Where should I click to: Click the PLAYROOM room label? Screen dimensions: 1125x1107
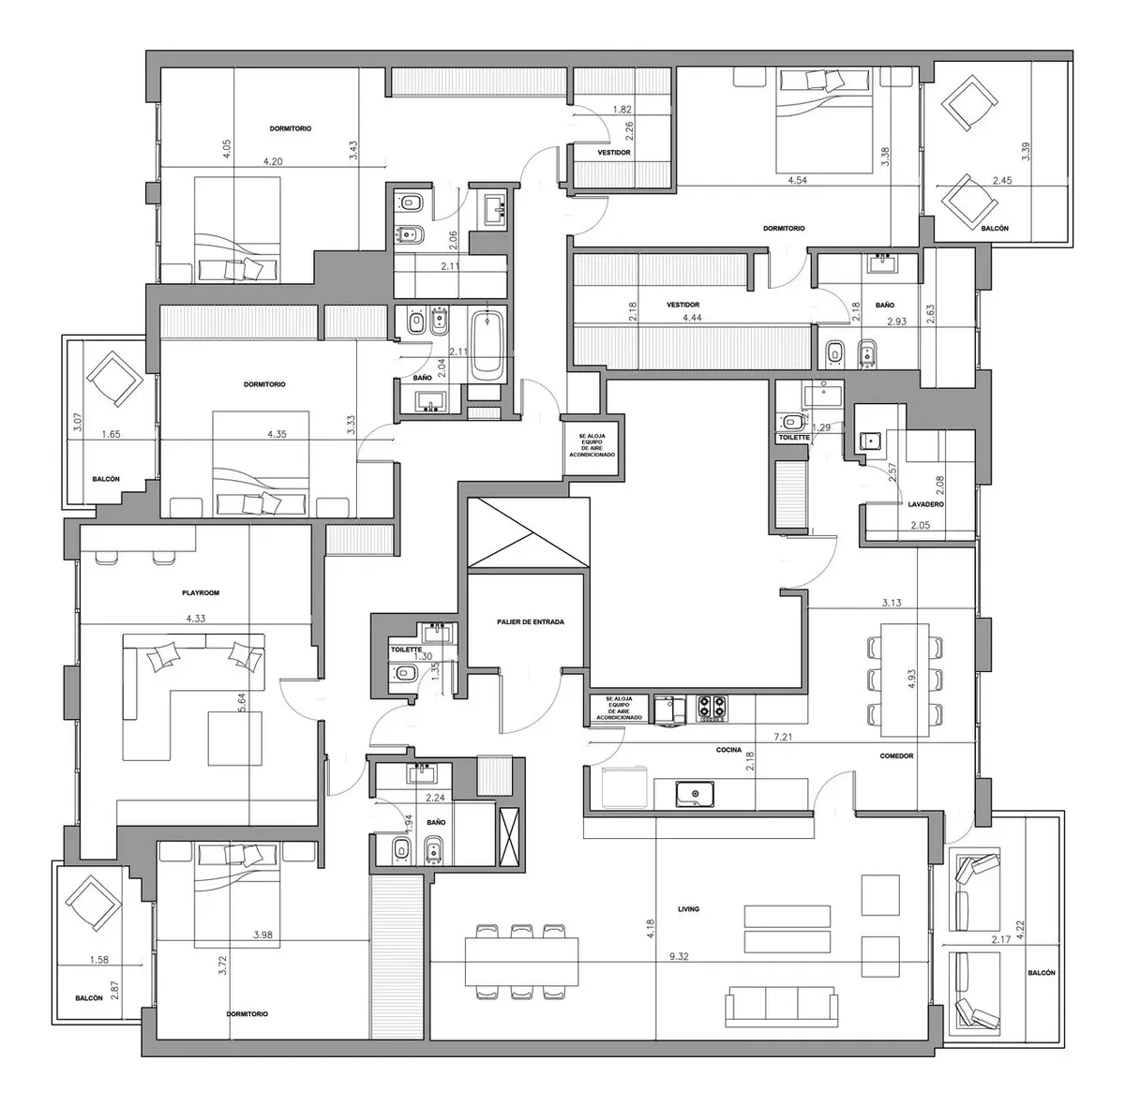201,593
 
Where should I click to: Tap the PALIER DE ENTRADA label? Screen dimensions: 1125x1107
530,622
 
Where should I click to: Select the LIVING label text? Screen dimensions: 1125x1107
688,909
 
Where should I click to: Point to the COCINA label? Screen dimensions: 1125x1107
728,750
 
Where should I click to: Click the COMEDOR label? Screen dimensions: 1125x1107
896,756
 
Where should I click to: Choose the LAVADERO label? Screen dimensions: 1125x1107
926,504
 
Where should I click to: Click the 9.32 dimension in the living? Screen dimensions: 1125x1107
679,956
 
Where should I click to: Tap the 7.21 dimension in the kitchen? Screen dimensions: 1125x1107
783,738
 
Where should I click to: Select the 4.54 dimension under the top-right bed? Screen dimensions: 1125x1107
797,180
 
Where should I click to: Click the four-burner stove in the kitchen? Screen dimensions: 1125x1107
712,708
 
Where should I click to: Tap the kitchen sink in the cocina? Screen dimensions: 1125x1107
696,794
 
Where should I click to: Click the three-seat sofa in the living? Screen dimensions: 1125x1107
781,1007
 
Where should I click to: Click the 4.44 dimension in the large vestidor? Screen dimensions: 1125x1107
692,318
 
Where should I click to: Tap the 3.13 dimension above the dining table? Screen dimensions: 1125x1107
892,603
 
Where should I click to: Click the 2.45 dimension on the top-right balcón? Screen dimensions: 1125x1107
1002,180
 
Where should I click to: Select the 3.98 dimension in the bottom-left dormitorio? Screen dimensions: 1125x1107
262,935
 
